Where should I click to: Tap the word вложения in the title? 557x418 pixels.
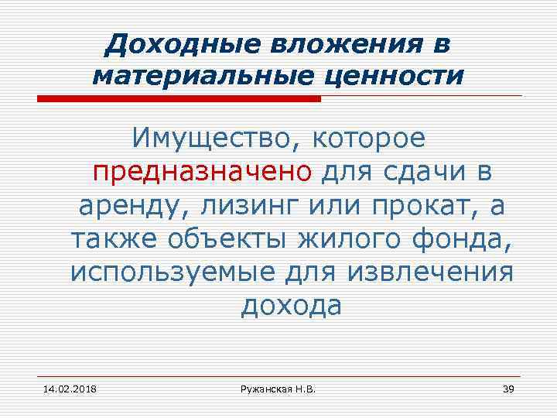click(334, 44)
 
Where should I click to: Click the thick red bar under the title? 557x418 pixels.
click(179, 99)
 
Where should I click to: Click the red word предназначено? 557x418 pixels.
click(203, 172)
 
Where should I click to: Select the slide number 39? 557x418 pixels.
click(508, 388)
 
